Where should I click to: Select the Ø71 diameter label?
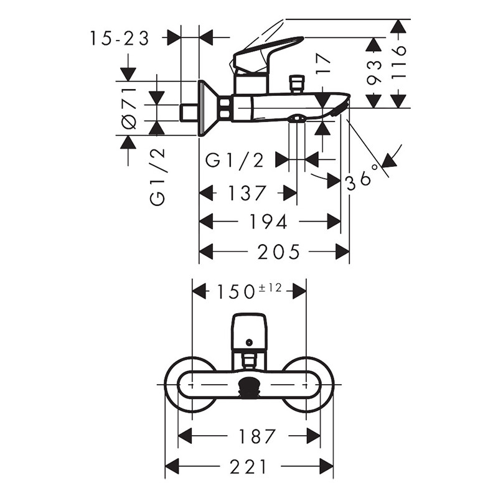coord(129,108)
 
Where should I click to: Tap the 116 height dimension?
coord(398,62)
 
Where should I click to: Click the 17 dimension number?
coord(322,65)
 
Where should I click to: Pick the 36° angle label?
coord(362,178)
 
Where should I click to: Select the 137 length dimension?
coord(247,193)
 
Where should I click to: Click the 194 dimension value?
coord(270,222)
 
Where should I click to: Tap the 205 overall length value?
coord(280,251)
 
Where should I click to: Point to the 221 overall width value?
coord(249,466)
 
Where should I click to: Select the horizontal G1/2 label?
coord(235,161)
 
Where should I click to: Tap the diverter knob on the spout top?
coord(296,83)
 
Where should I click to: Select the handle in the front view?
coord(249,332)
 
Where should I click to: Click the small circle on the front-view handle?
coord(249,342)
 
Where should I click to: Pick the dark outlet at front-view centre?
coord(249,385)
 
